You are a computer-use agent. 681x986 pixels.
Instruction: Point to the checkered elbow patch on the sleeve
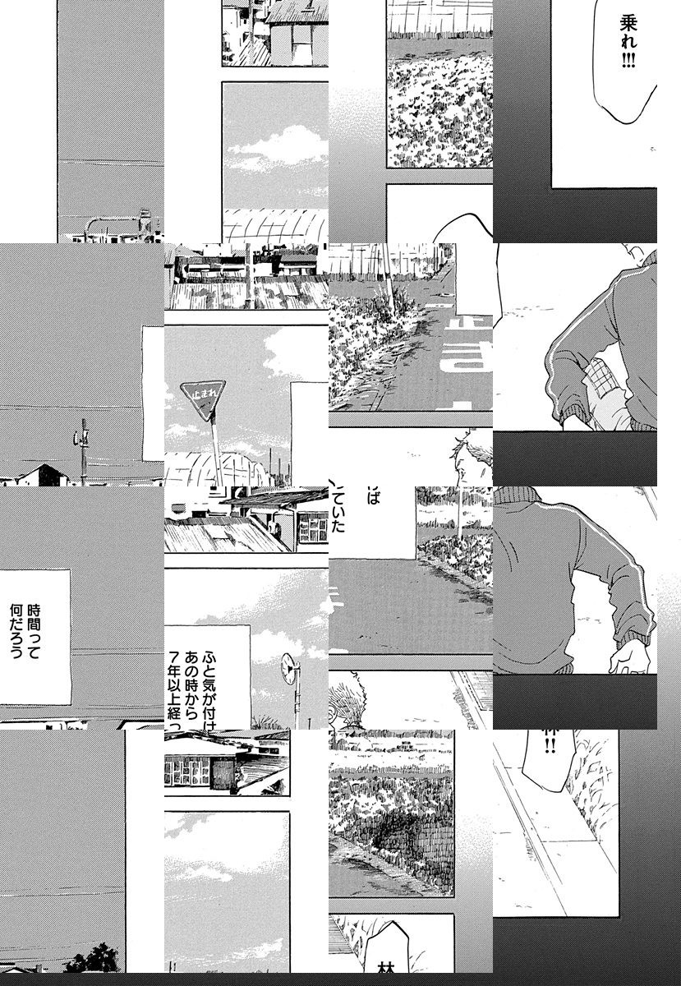pos(601,382)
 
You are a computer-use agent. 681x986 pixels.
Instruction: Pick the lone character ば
pos(375,497)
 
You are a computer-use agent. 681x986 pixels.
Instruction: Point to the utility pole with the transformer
pos(84,448)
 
